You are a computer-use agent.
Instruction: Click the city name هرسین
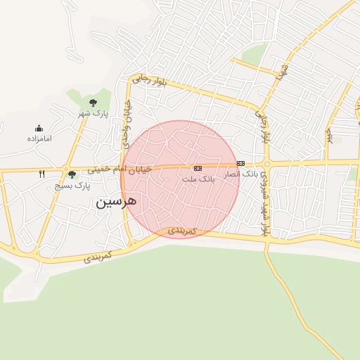(x=116, y=202)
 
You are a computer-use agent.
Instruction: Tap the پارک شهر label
(x=94, y=114)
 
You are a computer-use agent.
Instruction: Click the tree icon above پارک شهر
(x=93, y=103)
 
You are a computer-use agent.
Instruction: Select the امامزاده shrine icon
(x=39, y=128)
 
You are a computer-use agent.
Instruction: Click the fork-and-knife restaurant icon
(x=41, y=174)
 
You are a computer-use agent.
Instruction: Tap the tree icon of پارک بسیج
(x=71, y=174)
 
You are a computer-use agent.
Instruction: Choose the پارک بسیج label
(x=73, y=186)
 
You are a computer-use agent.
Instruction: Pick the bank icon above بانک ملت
(x=198, y=168)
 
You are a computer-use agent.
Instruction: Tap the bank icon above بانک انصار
(x=240, y=163)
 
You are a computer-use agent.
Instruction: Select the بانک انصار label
(x=241, y=173)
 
